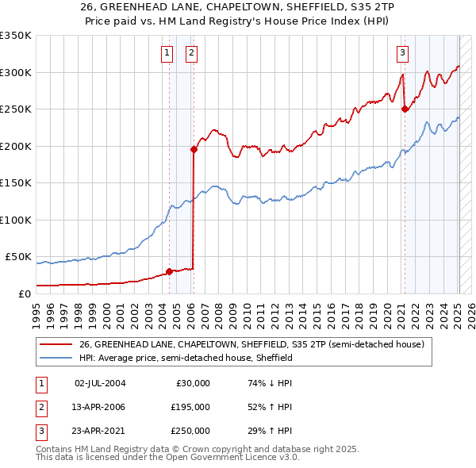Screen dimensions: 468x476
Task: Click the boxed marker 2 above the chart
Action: coord(192,53)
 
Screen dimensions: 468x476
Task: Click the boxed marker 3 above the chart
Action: coord(403,53)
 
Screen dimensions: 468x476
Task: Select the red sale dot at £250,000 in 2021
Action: coord(405,109)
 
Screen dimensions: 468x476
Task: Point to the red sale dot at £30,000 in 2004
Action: coord(169,271)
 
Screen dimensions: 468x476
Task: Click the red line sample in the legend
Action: coord(56,344)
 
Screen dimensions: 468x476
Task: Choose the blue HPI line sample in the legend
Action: coord(56,358)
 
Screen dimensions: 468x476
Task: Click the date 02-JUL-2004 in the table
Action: coord(99,383)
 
